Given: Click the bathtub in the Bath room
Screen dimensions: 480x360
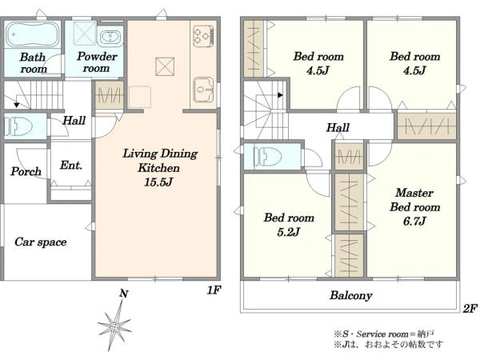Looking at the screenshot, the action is point(33,34).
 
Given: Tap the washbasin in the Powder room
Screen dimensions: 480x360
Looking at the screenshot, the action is point(110,37).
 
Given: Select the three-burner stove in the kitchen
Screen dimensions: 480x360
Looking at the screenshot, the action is point(203,36).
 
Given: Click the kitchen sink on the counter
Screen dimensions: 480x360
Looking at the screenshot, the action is point(203,89).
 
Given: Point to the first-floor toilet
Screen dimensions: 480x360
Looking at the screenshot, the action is point(18,126).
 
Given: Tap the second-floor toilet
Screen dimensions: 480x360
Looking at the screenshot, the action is point(267,157).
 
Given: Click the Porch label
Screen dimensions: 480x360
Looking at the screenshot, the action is point(26,171).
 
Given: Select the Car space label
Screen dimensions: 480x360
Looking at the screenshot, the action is point(41,242).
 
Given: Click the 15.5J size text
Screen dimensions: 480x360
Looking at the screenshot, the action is point(158,182).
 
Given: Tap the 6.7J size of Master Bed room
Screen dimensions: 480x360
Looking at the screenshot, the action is point(414,221).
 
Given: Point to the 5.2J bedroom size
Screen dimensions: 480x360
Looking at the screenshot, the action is point(288,232).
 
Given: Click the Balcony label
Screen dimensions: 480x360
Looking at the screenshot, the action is point(351,295).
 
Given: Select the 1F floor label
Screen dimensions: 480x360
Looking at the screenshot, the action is point(214,290).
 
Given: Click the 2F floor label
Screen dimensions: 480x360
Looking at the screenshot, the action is point(470,308).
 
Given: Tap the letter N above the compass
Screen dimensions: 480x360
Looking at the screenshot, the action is point(123,294).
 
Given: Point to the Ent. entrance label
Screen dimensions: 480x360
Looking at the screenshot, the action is point(71,166).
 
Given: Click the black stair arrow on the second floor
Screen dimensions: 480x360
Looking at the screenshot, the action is point(280,95).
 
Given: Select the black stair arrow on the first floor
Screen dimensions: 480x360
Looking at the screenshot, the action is point(17,105).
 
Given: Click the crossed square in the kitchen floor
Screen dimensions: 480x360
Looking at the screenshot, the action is point(165,66).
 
